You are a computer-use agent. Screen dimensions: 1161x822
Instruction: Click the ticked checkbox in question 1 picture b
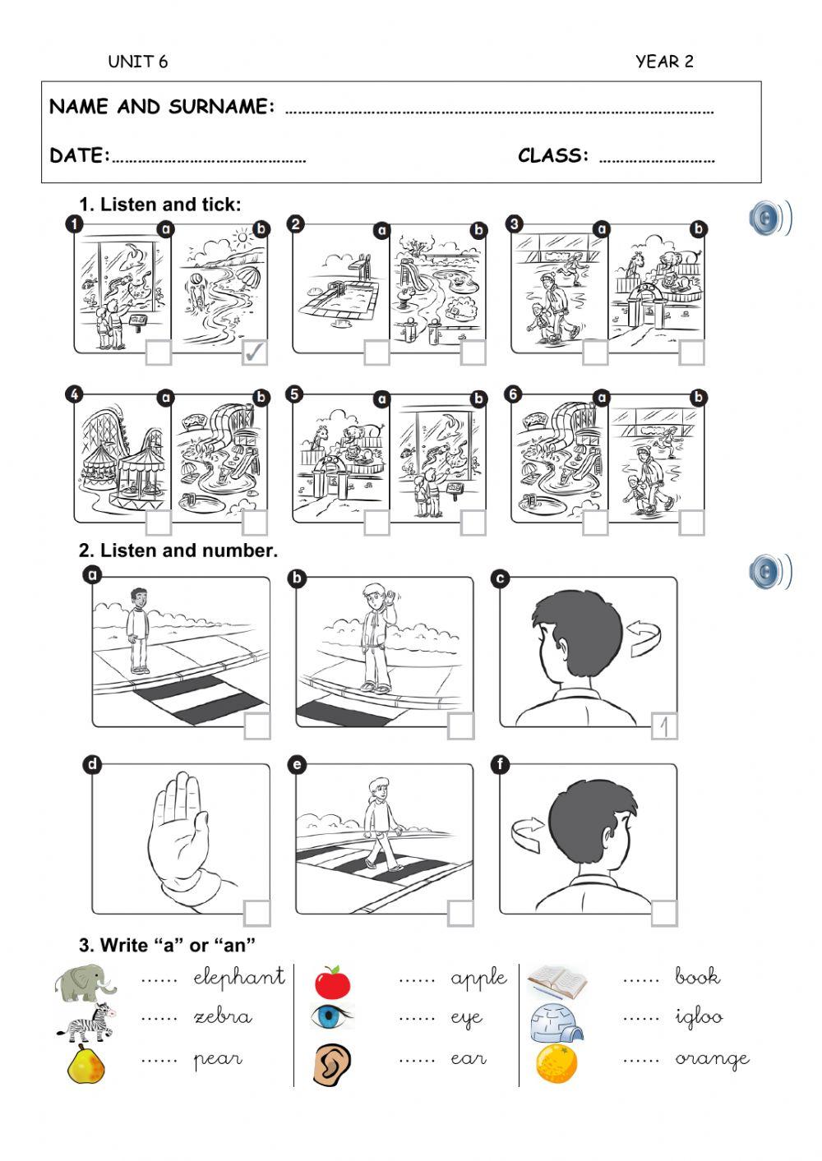[x=255, y=352]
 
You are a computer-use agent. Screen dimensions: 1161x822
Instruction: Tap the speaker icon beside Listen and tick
[x=769, y=219]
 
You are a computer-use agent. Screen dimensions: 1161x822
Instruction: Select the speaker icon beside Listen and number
[x=769, y=572]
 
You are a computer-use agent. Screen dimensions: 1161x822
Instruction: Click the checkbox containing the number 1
[x=664, y=726]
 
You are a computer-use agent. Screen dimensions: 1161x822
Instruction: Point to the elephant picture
[x=84, y=983]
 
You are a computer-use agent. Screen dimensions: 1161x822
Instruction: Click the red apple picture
[x=332, y=982]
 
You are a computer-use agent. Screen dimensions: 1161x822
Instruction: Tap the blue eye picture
[x=332, y=1018]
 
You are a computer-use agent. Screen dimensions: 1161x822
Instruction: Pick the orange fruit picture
[x=556, y=1063]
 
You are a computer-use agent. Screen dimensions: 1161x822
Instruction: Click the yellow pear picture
[x=86, y=1064]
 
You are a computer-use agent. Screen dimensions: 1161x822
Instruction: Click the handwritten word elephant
[x=239, y=977]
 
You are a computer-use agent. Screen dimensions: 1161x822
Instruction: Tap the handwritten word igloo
[x=699, y=1018]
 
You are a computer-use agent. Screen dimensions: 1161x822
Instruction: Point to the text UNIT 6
[x=137, y=62]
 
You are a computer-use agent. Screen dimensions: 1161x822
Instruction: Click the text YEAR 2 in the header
[x=664, y=62]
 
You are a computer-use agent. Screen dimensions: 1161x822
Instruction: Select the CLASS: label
[x=553, y=155]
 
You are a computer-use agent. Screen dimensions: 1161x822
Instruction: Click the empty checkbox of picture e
[x=460, y=913]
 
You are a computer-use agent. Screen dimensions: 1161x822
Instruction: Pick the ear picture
[x=332, y=1064]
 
